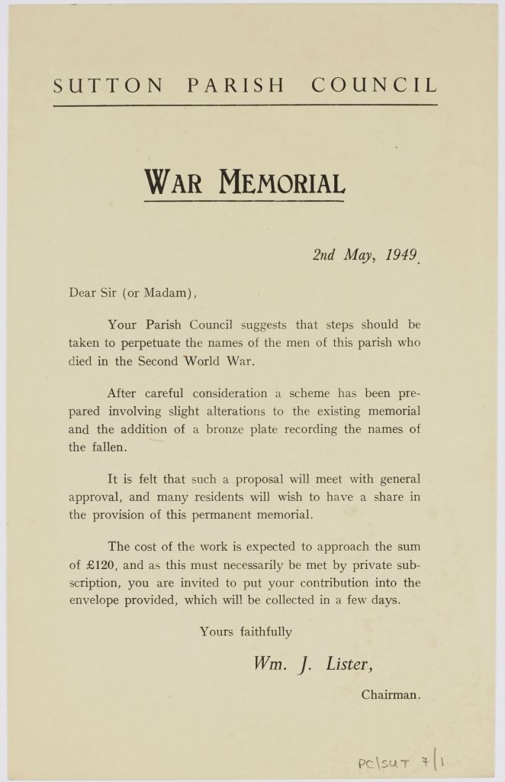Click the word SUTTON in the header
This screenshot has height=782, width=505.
coord(108,86)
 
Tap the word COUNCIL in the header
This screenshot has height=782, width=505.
coord(375,86)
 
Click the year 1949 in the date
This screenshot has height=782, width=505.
coord(400,255)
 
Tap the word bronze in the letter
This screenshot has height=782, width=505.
coord(230,429)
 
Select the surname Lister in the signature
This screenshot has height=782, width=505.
coord(347,664)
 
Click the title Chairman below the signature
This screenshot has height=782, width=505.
coord(390,695)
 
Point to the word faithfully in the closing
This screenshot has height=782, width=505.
coord(263,632)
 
